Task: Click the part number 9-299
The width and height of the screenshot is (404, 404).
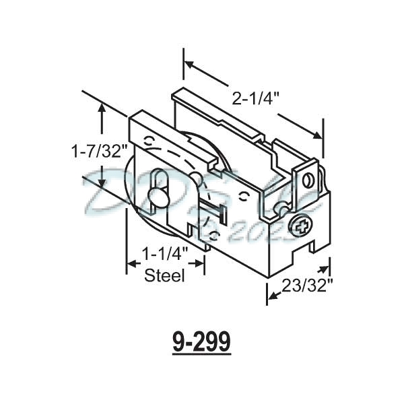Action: point(201,341)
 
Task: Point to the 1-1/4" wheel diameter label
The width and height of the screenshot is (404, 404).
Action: point(165,255)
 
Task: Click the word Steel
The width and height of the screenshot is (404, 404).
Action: point(165,275)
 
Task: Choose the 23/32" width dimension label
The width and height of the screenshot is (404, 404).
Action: point(309,285)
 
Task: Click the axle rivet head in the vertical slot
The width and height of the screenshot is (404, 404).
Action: point(160,197)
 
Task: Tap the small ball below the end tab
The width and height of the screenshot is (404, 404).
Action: point(277,210)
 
